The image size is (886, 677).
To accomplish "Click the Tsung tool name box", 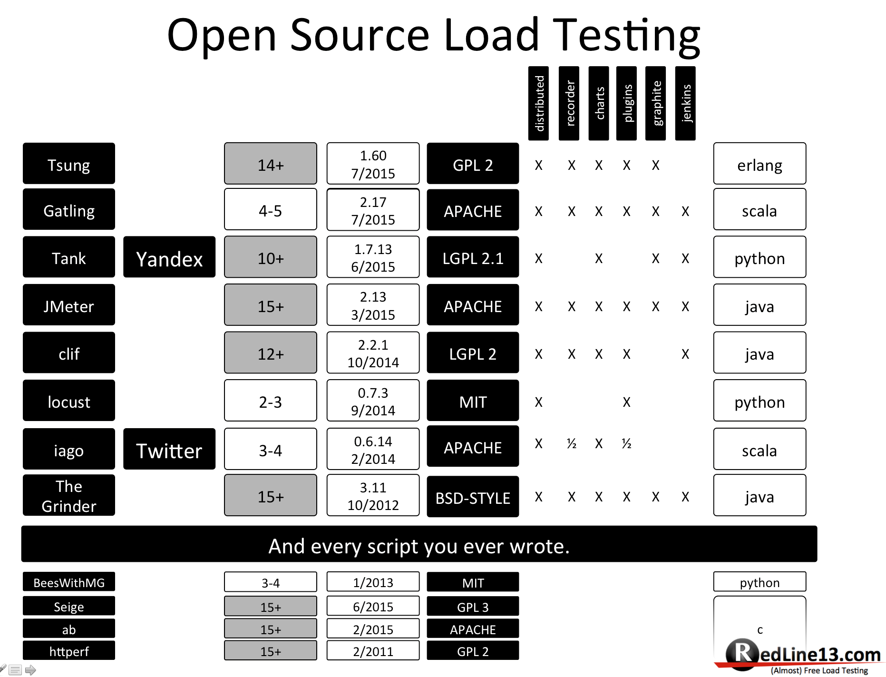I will coord(69,164).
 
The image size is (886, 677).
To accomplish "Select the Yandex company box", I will coord(169,257).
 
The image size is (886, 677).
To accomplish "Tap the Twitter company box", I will coord(169,449).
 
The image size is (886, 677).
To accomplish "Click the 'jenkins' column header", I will coord(685,103).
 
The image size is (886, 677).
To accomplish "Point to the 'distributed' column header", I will coord(538,103).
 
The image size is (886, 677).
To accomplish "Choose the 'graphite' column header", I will coord(655,103).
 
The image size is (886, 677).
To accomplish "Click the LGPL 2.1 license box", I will coord(473,257).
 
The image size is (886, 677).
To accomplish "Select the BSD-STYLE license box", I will coord(473,497).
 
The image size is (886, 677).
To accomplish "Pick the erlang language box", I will coord(759,164).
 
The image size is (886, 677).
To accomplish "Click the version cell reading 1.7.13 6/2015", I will coord(373,257).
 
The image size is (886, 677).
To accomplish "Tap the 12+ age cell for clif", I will coord(270,353).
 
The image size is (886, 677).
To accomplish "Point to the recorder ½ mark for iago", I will coord(571,444).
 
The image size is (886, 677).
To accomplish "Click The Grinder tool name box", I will coord(69,495).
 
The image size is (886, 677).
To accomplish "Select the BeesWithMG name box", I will coord(69,582).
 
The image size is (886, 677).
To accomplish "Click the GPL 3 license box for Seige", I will coord(473,607).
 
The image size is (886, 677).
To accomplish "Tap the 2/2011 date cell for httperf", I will coord(373,650).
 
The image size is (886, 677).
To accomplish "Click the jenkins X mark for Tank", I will coord(685,258).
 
